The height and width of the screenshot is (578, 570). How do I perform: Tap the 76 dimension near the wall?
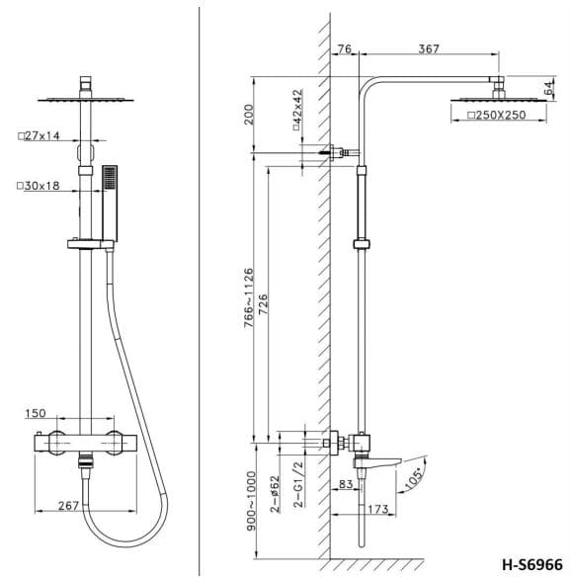[x=344, y=48]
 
